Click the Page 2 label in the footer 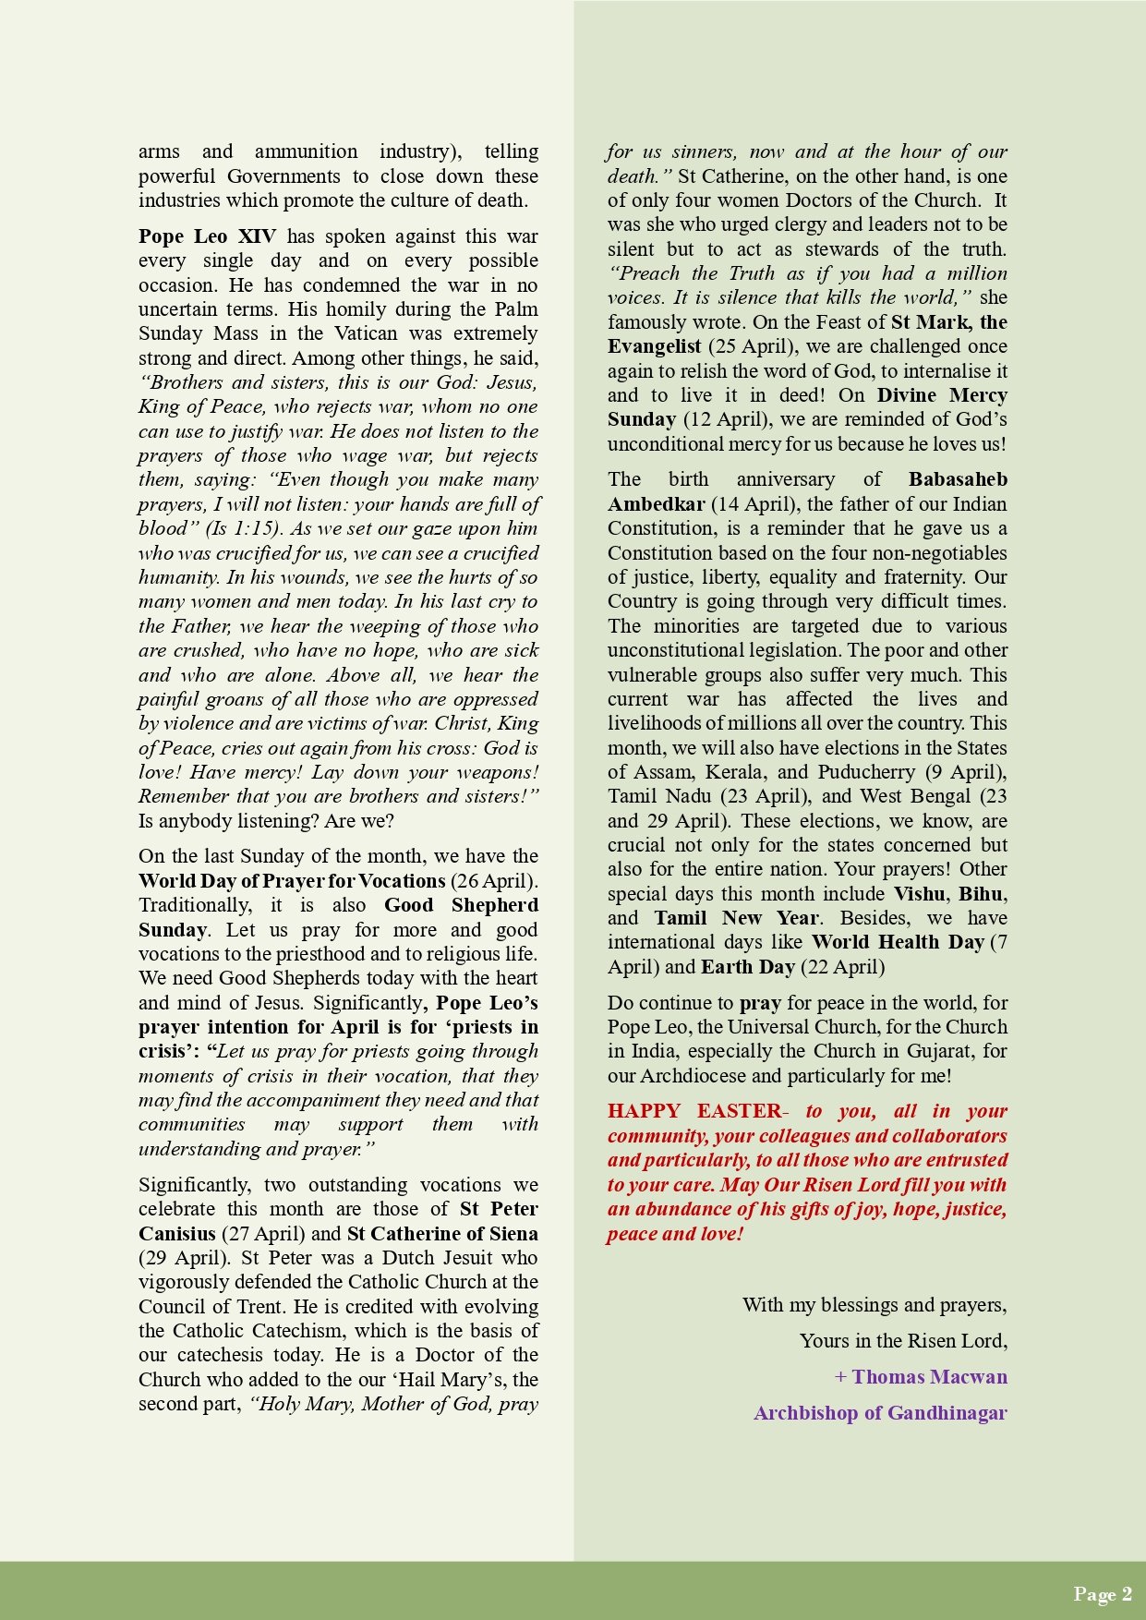coord(1102,1593)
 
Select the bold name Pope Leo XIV coord(207,236)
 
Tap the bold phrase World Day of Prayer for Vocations coord(292,881)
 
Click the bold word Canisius coord(176,1234)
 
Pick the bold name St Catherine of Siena coord(442,1234)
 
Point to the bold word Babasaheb coord(958,479)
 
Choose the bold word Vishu coord(919,894)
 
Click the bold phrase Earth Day coord(748,967)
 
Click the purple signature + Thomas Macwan coord(921,1377)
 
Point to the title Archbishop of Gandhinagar coord(880,1413)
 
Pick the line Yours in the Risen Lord coord(903,1341)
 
